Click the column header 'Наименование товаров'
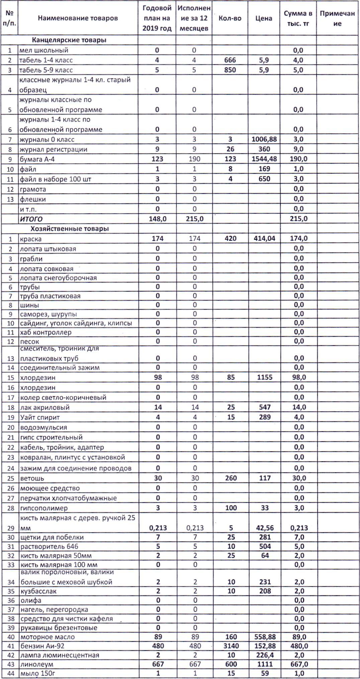coord(78,18)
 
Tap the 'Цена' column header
coord(264,18)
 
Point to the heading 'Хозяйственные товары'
coord(70,229)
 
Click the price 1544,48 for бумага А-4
coord(264,159)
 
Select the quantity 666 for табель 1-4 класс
coord(230,60)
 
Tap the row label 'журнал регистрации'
coord(53,149)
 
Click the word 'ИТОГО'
coord(31,219)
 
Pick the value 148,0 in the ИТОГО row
coord(157,219)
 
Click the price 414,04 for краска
coord(264,238)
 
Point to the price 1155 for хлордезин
coord(264,377)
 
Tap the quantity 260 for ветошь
coord(231,478)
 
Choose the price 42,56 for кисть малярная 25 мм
coord(264,528)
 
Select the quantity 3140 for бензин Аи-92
coord(231,646)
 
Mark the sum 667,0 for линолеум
coord(298,664)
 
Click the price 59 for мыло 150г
coord(265,673)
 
